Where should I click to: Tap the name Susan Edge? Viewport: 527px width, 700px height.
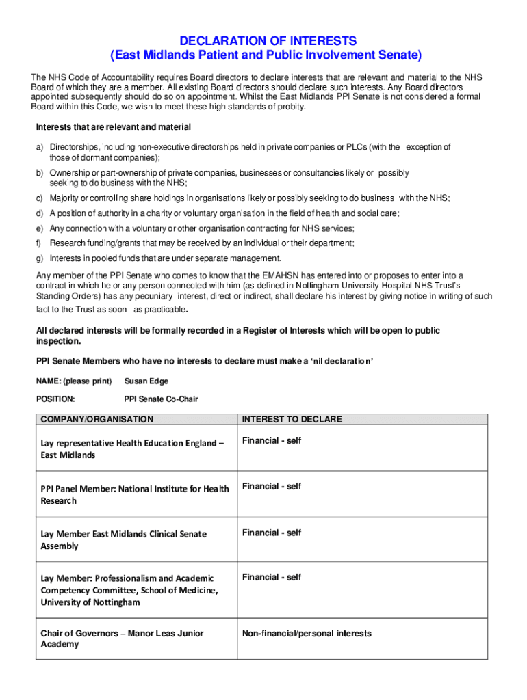[146, 381]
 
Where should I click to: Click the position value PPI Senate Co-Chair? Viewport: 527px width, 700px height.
[161, 399]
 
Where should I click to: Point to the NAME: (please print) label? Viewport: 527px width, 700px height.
[73, 381]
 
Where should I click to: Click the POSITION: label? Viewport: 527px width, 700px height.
[55, 399]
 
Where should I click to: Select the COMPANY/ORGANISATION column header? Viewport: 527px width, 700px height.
[97, 419]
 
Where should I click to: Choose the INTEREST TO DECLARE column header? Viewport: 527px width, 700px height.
[292, 419]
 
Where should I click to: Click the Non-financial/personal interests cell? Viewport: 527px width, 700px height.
[307, 633]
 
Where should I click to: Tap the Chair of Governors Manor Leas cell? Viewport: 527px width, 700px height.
[122, 638]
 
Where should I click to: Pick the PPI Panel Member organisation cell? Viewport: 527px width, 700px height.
[135, 494]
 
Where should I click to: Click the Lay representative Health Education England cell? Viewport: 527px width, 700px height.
[132, 448]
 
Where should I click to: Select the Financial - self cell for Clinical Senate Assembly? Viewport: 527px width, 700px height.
[271, 533]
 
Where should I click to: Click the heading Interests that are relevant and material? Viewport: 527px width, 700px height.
[113, 128]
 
